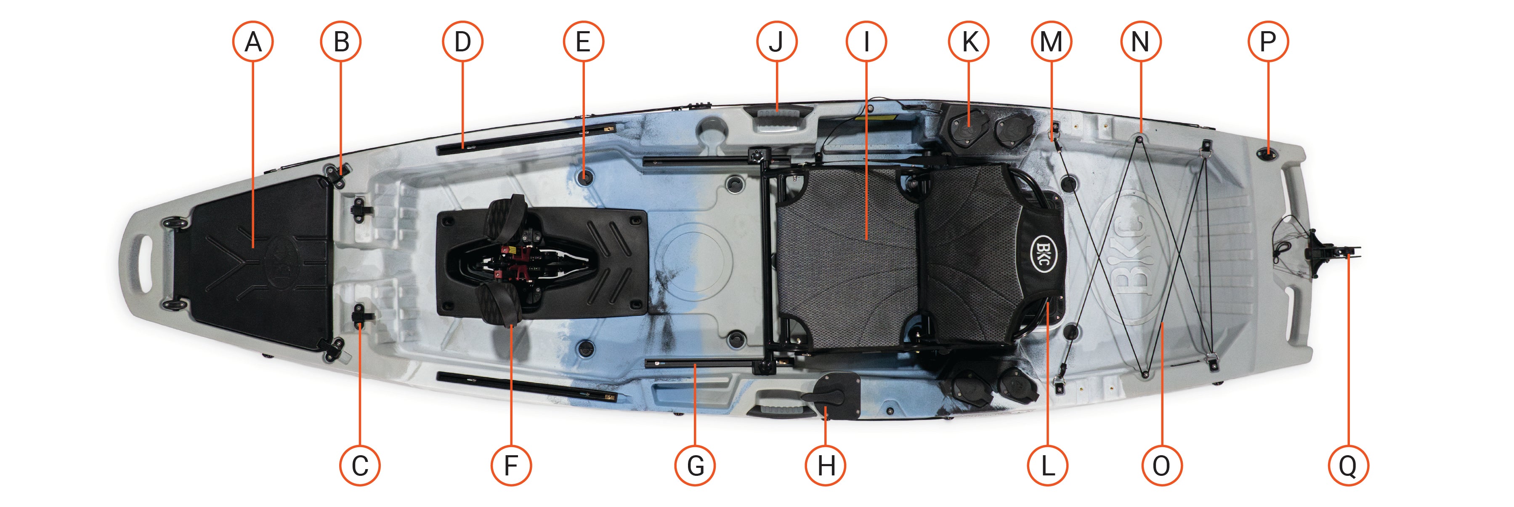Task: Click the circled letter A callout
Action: point(253,42)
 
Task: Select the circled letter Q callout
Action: point(1348,466)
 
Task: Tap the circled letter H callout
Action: point(826,466)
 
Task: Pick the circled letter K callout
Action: point(969,42)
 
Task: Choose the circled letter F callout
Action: point(511,466)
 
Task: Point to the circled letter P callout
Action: point(1268,42)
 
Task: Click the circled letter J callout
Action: point(776,42)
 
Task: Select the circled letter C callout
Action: point(360,466)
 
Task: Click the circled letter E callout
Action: point(583,42)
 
